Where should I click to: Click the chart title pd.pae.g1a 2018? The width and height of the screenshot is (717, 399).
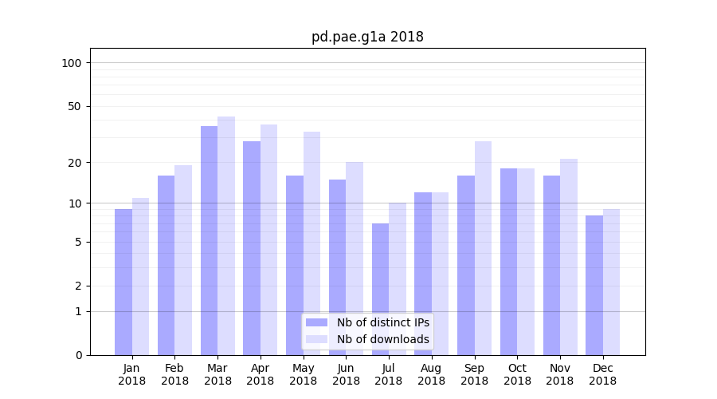point(367,37)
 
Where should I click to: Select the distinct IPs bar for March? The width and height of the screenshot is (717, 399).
point(209,239)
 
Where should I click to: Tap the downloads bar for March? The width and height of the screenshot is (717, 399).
point(226,235)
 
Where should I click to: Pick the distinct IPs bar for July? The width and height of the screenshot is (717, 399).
point(380,289)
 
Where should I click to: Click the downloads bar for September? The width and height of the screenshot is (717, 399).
point(483,247)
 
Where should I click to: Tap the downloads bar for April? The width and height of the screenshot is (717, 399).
point(268,239)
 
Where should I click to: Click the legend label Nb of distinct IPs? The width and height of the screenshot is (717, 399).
point(382,322)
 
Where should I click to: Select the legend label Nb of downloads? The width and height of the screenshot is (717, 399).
point(382,339)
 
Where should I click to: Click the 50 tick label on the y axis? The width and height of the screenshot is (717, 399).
point(74,106)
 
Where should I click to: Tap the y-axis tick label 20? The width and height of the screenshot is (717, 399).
point(74,163)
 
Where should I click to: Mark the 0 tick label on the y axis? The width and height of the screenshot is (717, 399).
point(78,355)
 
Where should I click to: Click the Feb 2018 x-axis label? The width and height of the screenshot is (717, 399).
point(174,374)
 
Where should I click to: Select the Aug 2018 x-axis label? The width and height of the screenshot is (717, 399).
point(431,374)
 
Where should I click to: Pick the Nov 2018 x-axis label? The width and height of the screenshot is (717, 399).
point(560,374)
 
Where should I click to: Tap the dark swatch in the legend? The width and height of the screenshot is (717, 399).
point(316,322)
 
